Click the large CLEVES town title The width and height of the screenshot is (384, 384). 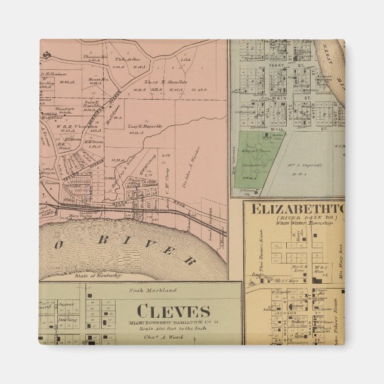(173, 311)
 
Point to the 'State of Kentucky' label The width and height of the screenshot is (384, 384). (98, 275)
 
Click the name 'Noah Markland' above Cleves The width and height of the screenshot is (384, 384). (145, 290)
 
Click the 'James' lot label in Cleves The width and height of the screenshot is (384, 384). (66, 304)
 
